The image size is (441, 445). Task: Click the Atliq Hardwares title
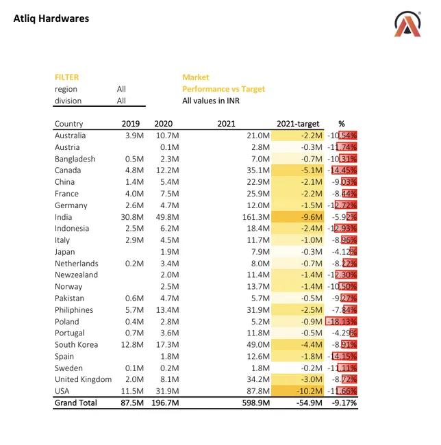click(x=51, y=18)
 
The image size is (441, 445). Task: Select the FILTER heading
click(x=66, y=77)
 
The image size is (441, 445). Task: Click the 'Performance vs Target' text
click(x=223, y=89)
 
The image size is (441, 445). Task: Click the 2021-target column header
click(x=298, y=124)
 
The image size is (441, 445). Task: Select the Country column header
click(x=68, y=124)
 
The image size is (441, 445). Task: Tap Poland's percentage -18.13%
click(x=342, y=322)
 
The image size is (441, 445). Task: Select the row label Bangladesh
click(x=75, y=159)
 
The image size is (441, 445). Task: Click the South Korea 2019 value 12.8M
click(x=129, y=345)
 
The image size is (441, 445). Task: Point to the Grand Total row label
click(x=76, y=403)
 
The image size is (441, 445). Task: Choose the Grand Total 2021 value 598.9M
click(x=257, y=403)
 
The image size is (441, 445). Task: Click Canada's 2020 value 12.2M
click(x=167, y=170)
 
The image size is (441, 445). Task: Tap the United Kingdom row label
click(x=83, y=379)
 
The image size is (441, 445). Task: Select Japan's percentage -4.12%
click(x=342, y=252)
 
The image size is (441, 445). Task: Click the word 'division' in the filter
click(x=68, y=101)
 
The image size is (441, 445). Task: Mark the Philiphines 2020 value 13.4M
click(x=167, y=310)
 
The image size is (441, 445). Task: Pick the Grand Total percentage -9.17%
click(x=342, y=403)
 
